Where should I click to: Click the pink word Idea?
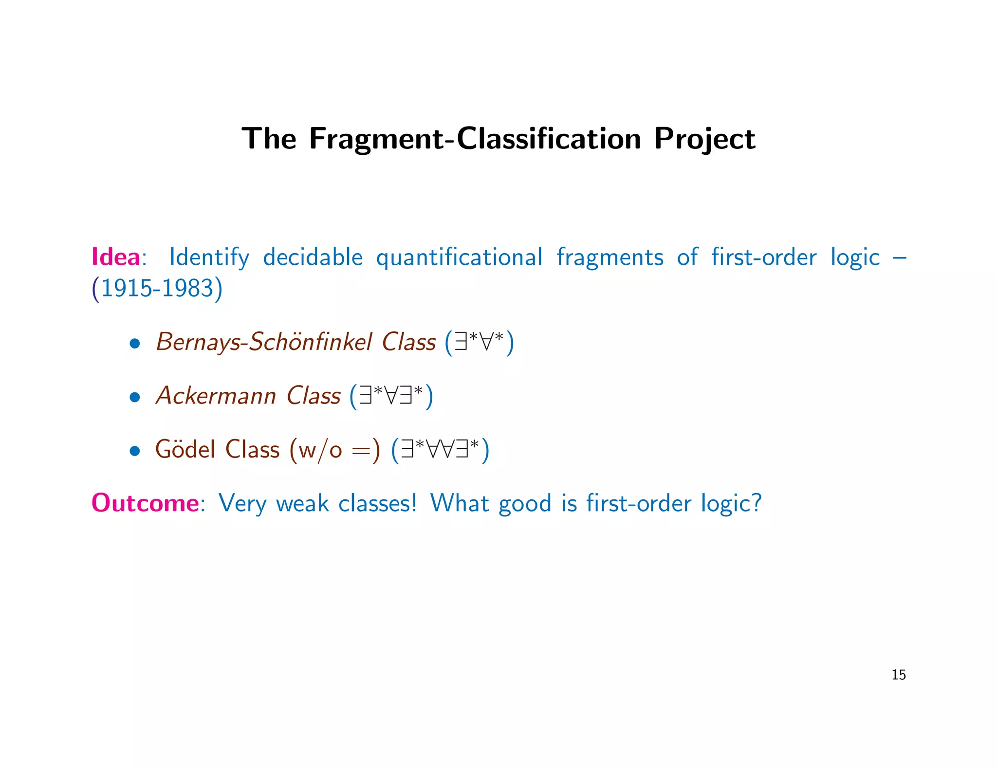click(115, 257)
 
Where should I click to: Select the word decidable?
click(313, 257)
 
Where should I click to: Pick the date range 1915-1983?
click(157, 289)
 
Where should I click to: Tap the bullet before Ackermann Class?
click(135, 397)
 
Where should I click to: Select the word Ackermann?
click(216, 396)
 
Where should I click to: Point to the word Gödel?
click(185, 449)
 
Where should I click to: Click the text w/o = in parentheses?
click(334, 450)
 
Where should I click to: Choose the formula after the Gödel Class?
click(440, 450)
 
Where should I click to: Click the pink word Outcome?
click(145, 503)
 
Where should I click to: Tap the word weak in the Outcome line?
click(302, 503)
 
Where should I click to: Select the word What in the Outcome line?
click(459, 503)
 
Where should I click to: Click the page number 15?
click(898, 675)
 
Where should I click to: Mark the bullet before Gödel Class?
click(135, 451)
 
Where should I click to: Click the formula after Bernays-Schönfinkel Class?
click(480, 342)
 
